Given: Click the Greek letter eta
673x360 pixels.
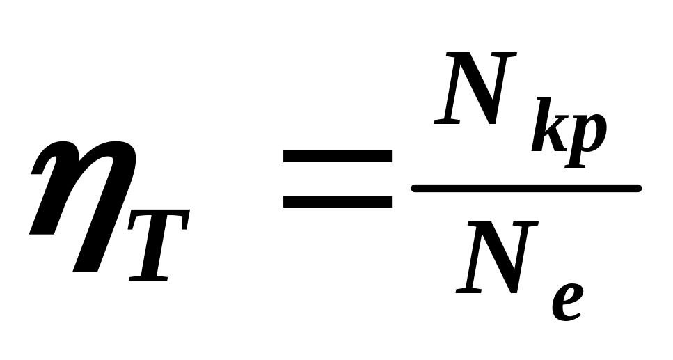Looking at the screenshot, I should (x=77, y=202).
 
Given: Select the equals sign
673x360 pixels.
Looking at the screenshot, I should (x=338, y=178).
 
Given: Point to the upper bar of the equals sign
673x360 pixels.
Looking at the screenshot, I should (x=338, y=155).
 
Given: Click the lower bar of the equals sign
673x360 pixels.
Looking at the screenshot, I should (x=338, y=201).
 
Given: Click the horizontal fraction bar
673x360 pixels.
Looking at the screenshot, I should (x=525, y=187).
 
